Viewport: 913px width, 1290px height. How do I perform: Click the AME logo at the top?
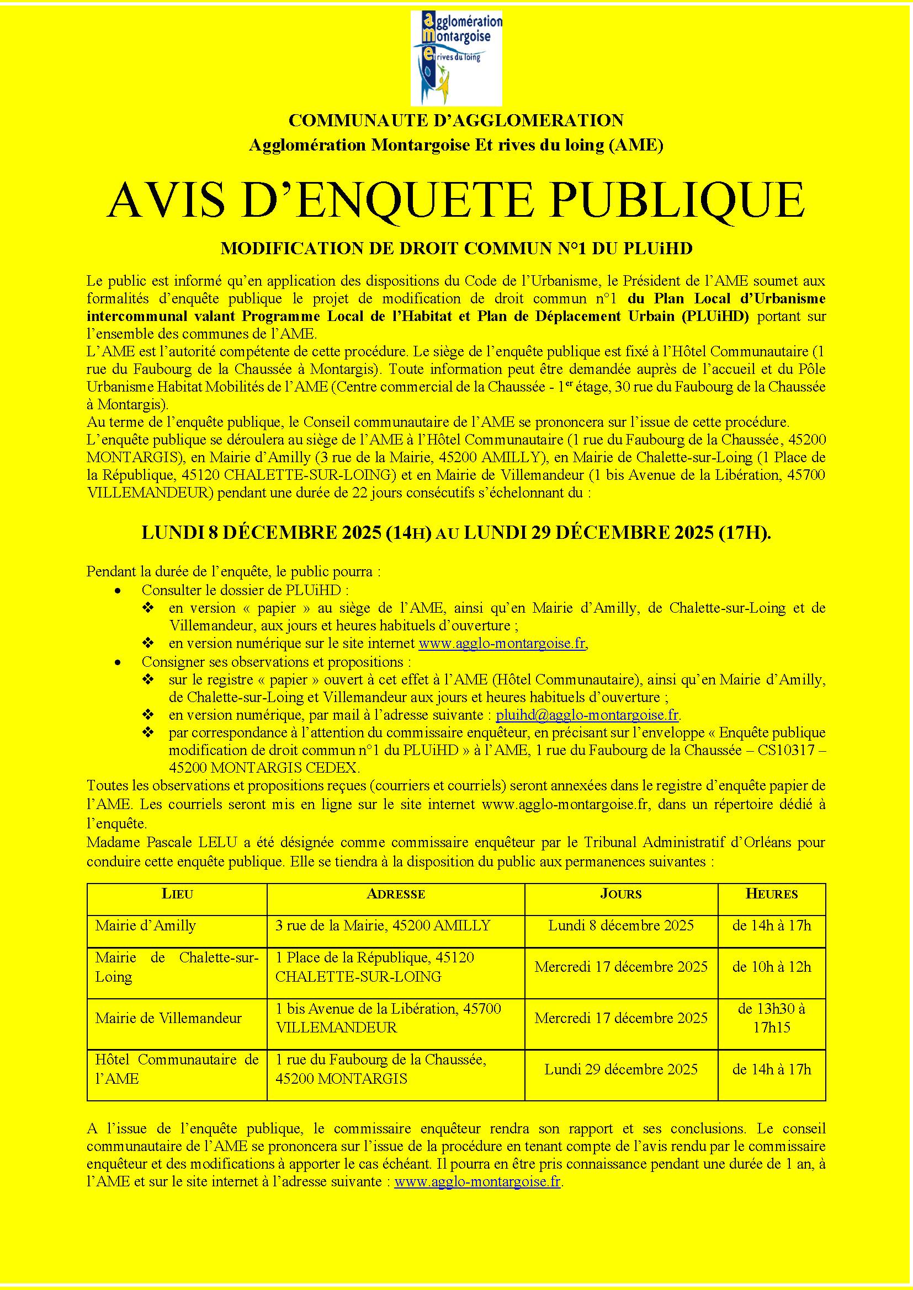coord(456,58)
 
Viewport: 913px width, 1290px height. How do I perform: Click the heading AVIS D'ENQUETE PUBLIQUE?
coord(456,201)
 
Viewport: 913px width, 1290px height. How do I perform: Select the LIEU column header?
coord(177,894)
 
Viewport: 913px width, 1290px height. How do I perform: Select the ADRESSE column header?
coord(396,894)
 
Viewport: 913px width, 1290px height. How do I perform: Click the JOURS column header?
coord(620,894)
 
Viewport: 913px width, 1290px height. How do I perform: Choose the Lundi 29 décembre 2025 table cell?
coord(620,1069)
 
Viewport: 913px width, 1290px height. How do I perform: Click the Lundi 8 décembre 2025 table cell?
coord(620,925)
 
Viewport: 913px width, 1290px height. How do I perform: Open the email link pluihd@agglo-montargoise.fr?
coord(587,715)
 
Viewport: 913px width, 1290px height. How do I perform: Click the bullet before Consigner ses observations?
coord(117,663)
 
